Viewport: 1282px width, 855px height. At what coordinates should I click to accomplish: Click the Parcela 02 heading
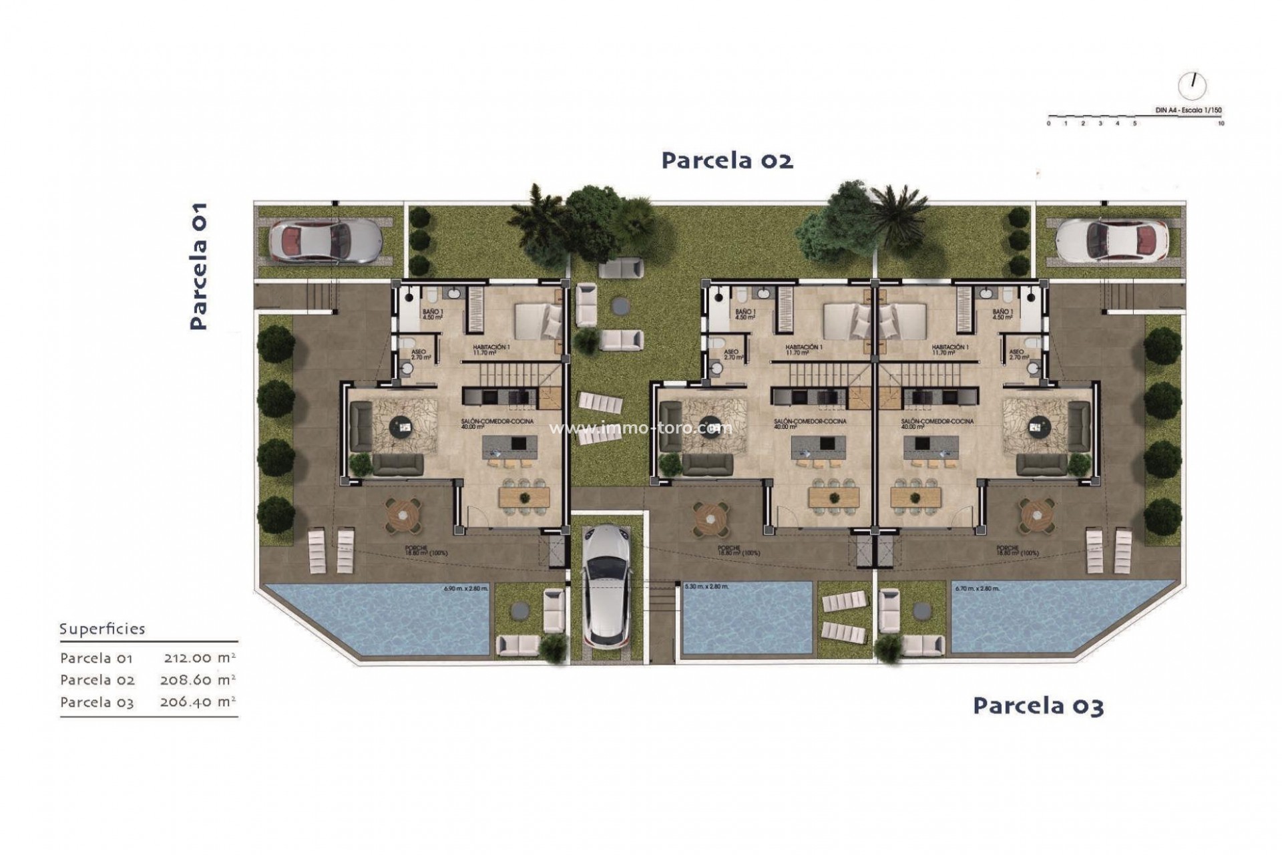727,161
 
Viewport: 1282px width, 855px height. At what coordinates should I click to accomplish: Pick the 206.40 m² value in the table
198,702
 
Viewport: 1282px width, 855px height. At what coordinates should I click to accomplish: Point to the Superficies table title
102,629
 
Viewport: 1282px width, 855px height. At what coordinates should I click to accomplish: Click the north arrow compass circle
1193,85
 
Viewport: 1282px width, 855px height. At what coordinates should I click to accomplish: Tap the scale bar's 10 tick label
1221,124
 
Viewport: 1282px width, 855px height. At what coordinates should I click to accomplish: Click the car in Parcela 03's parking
1112,240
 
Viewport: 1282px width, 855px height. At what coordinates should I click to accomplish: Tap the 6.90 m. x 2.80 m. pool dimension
466,589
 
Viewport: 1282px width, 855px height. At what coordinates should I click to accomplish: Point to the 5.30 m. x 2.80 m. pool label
706,587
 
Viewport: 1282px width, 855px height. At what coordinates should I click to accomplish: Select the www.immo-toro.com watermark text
640,428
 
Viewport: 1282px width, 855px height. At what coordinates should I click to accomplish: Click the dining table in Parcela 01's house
524,496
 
